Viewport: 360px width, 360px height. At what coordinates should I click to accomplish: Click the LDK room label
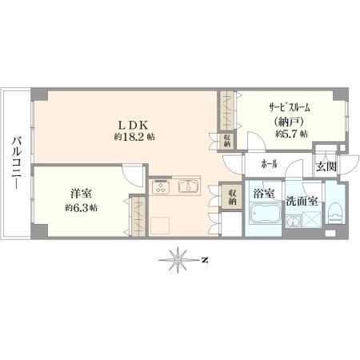click(x=133, y=125)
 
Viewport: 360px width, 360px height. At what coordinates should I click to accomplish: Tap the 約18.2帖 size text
click(x=134, y=137)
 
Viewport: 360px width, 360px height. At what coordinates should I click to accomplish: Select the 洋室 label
click(x=81, y=194)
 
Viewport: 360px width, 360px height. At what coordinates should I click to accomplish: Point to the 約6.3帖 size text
click(x=81, y=207)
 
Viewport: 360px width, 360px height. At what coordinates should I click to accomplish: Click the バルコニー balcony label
click(x=16, y=163)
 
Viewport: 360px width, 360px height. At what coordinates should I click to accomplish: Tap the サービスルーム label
click(x=290, y=108)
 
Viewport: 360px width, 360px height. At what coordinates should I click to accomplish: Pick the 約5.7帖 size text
click(x=291, y=134)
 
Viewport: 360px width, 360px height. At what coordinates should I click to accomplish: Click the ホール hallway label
click(x=270, y=164)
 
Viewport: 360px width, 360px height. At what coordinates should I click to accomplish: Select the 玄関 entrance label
click(x=326, y=166)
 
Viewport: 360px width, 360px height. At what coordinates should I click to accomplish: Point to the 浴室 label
click(x=263, y=194)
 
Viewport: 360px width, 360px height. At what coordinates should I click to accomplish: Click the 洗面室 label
click(x=302, y=202)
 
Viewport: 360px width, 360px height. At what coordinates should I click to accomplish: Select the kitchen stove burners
click(x=161, y=186)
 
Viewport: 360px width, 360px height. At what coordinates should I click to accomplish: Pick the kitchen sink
click(x=188, y=186)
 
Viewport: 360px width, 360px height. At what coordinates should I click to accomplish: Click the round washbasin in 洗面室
click(x=293, y=221)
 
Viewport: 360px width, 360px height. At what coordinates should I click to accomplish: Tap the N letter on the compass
click(x=205, y=259)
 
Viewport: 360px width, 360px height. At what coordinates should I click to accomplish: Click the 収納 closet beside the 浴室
click(x=232, y=197)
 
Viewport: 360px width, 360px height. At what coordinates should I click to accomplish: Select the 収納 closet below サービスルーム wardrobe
click(x=227, y=141)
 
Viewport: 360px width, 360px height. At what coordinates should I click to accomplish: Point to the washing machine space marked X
click(x=311, y=219)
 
